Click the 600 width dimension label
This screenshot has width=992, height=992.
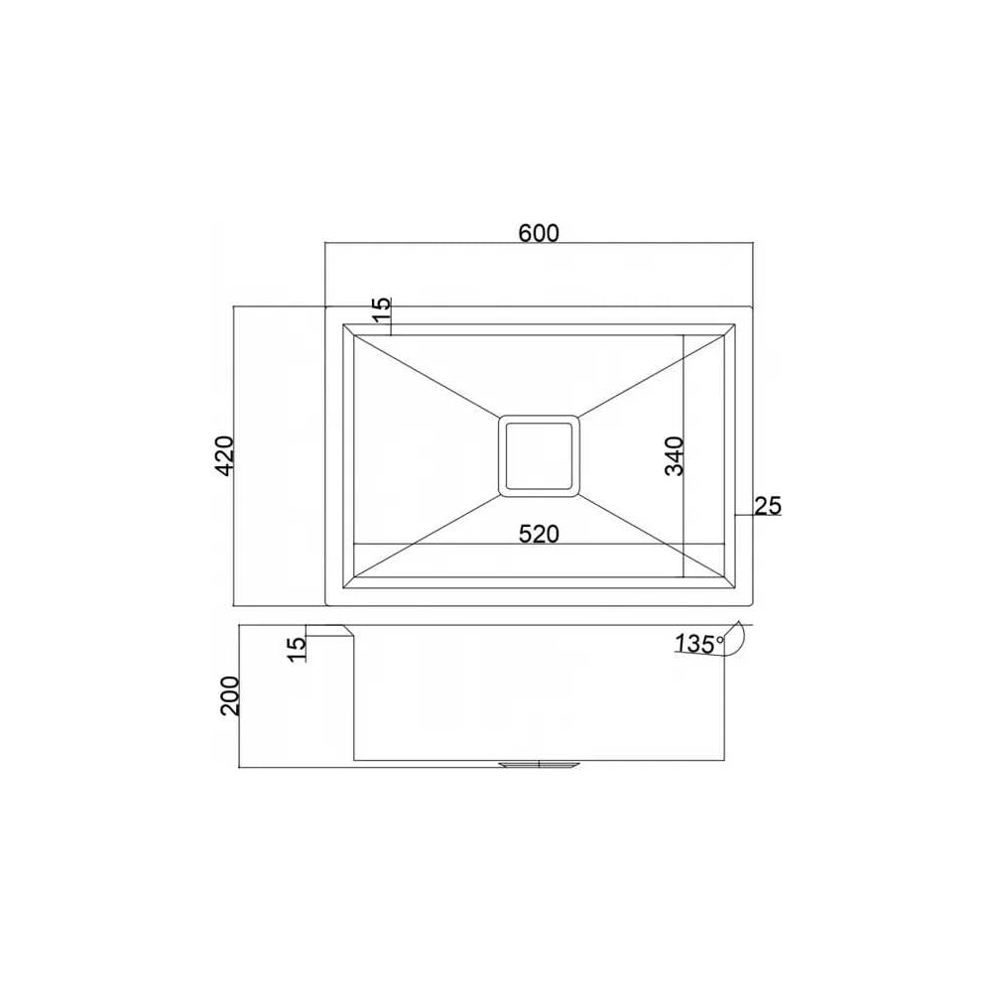[x=539, y=233]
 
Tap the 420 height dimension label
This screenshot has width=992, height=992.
[x=224, y=455]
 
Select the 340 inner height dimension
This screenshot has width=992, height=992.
[x=675, y=455]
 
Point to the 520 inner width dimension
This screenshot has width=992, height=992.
[x=539, y=534]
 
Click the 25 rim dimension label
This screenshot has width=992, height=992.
[x=768, y=506]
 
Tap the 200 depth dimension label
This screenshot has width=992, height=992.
[x=230, y=696]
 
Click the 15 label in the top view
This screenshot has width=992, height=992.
[x=382, y=310]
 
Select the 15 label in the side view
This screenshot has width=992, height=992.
[x=296, y=650]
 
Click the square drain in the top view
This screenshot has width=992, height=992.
[x=539, y=455]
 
